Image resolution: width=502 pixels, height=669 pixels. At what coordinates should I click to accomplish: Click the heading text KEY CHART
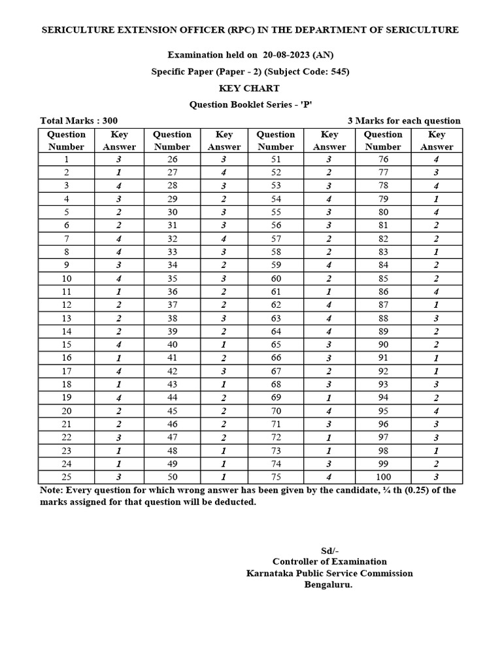pos(250,88)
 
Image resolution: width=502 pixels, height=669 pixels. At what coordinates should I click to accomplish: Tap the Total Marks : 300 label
pos(78,121)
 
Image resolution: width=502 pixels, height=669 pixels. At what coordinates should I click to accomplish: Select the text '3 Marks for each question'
pos(403,121)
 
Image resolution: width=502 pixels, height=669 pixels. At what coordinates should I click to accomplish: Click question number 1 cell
pos(66,159)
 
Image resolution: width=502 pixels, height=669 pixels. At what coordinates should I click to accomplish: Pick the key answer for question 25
pos(119,477)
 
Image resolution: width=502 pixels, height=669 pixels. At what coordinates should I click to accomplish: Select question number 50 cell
pos(172,477)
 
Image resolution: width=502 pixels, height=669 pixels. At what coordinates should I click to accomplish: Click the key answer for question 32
pos(224,239)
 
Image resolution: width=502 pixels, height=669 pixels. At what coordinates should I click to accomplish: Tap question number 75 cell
pos(276,477)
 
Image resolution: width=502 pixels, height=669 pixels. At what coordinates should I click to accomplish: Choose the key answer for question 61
pos(329,291)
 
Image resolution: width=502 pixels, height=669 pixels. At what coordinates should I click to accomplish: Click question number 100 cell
pos(383,477)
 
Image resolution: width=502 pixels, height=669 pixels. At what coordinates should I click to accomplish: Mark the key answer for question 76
pos(436,159)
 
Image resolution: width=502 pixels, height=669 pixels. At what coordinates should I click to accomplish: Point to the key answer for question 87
pos(436,305)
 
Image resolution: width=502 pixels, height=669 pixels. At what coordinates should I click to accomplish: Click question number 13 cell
pos(66,318)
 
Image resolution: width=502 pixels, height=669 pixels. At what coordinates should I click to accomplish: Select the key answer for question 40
pos(224,345)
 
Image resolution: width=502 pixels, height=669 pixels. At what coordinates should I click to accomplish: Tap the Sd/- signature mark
pos(329,550)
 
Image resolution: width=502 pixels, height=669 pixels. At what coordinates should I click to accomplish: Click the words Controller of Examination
pos(329,562)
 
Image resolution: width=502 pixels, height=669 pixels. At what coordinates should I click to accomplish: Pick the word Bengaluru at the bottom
pos(328,585)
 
